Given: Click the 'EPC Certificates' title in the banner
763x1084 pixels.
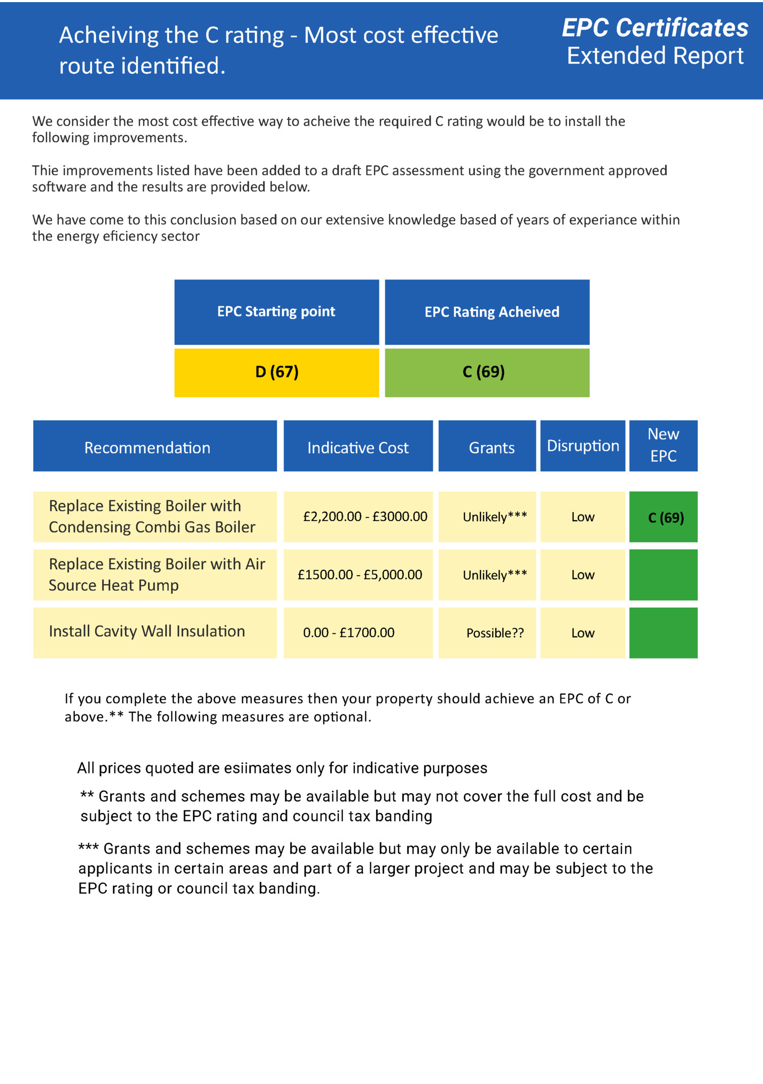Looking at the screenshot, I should coord(655,28).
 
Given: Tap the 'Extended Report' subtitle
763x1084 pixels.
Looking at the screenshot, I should coord(655,56).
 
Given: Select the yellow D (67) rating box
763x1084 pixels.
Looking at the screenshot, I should coord(277,372).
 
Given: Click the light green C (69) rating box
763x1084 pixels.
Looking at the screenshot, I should coord(487,372).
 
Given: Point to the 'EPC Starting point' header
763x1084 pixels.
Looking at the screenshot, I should coord(276,312).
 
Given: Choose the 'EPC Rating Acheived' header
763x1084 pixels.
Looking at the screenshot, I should coord(492,312).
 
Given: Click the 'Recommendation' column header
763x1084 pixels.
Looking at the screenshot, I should coord(147,447).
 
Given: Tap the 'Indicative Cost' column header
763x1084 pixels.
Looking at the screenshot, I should coord(357,447).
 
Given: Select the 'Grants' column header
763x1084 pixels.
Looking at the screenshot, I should coord(492,447).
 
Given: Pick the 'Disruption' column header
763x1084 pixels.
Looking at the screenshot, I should coord(583,446).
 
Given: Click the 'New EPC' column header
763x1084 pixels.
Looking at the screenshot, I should coord(663,445).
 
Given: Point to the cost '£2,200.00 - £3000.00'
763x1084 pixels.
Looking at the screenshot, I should coord(365,516).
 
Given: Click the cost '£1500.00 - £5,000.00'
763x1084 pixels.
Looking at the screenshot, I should coord(360,575).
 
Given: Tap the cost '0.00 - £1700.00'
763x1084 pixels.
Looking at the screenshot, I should coord(348,633).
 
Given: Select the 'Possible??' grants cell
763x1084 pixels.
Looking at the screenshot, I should coord(495,633).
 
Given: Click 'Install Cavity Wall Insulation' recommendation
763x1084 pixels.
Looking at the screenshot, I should coord(147,631).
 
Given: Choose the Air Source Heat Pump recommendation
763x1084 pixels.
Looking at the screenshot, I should coord(157,575).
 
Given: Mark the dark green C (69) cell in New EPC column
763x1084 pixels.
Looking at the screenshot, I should coord(665,517).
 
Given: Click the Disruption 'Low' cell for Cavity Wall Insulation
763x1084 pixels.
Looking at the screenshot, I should coord(582,633).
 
